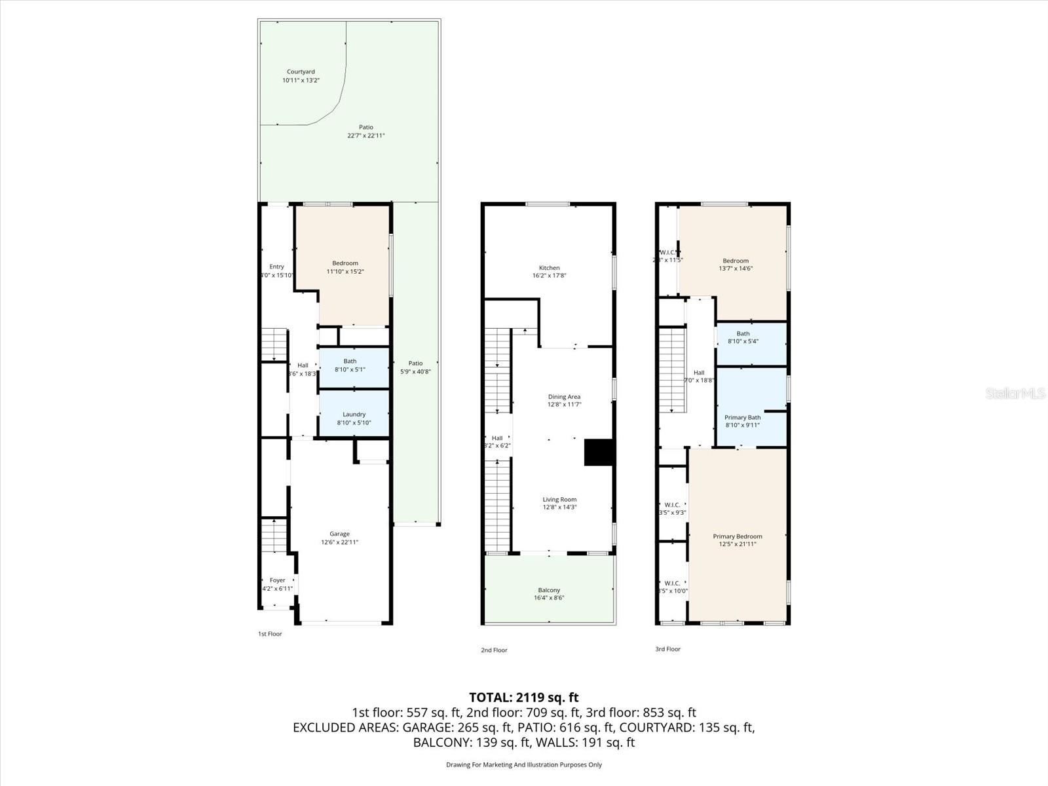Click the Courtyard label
click(x=301, y=72)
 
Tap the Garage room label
click(x=339, y=534)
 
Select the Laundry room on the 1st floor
click(x=354, y=415)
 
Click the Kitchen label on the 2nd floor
click(x=549, y=268)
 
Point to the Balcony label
click(x=549, y=590)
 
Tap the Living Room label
click(x=559, y=500)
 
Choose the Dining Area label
click(x=564, y=397)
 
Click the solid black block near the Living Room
click(x=598, y=452)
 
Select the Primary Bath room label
click(x=742, y=418)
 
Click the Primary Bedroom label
click(x=738, y=536)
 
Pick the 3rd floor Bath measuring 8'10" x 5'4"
click(x=743, y=337)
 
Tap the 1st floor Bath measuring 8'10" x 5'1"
click(x=350, y=365)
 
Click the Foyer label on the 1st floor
click(x=277, y=580)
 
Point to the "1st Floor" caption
click(x=270, y=634)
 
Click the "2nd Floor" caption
click(x=495, y=650)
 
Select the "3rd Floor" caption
click(x=667, y=649)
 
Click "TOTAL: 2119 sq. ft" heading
click(x=523, y=698)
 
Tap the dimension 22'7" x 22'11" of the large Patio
click(x=365, y=136)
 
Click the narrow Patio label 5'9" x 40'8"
click(x=415, y=367)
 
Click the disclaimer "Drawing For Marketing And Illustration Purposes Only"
click(x=523, y=764)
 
